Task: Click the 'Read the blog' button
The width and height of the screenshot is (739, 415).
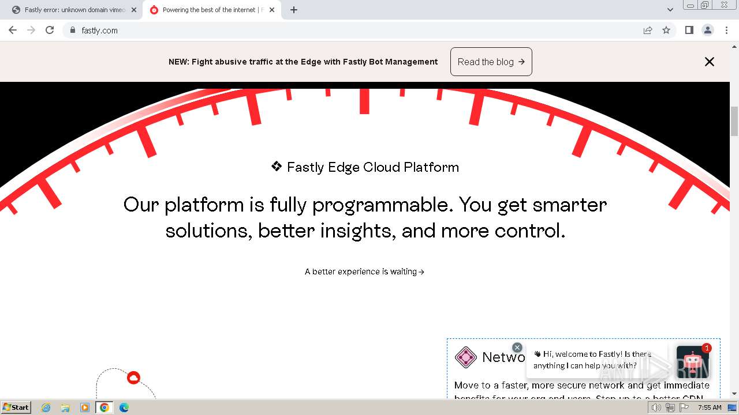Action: [491, 62]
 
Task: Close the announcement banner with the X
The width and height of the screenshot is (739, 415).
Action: [709, 62]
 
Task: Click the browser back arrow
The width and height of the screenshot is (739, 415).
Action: [13, 30]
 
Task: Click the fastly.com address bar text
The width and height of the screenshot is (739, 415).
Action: [99, 31]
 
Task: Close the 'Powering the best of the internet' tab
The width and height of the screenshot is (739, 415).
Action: [272, 10]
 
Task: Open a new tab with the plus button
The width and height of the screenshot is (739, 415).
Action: [294, 10]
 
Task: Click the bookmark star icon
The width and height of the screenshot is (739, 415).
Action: [666, 30]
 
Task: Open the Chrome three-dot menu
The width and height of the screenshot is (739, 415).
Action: [726, 30]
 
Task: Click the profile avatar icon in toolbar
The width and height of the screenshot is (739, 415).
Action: [707, 30]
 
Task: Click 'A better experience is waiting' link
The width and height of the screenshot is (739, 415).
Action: [364, 271]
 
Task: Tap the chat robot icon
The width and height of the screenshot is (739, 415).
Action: [692, 362]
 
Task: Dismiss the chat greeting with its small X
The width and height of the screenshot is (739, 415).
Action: [517, 348]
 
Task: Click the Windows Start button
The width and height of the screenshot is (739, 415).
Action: [16, 408]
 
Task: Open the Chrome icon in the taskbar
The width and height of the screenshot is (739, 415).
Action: [104, 408]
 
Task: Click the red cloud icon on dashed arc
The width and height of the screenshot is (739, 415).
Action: [133, 378]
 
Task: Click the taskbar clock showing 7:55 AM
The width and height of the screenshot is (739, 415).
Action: [710, 408]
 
